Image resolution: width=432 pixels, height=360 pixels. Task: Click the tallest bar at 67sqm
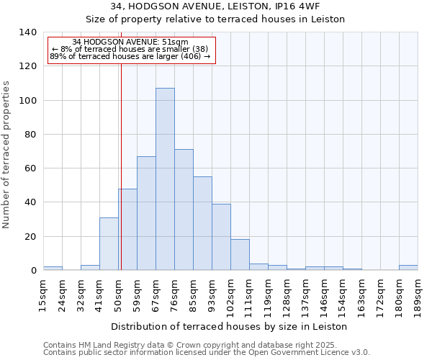pyautogui.click(x=165, y=179)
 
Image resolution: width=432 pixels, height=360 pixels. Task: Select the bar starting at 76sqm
pyautogui.click(x=184, y=210)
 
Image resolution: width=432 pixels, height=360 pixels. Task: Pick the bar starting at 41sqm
pyautogui.click(x=109, y=244)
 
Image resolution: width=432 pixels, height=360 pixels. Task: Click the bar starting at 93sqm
pyautogui.click(x=221, y=237)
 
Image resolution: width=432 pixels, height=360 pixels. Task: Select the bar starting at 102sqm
pyautogui.click(x=240, y=255)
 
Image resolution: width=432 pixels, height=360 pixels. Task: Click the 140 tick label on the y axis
pyautogui.click(x=27, y=32)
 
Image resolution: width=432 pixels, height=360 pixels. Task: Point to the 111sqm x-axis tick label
pyautogui.click(x=249, y=296)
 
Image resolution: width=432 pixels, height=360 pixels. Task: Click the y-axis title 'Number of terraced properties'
pyautogui.click(x=7, y=154)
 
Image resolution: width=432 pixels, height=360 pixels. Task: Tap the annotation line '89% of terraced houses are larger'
pyautogui.click(x=130, y=56)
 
